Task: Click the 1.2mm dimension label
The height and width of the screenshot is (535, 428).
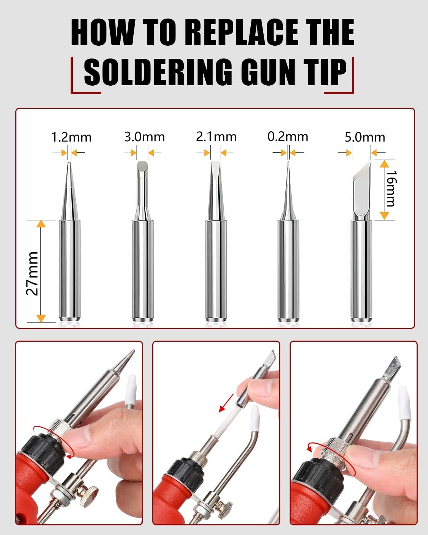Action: (x=71, y=137)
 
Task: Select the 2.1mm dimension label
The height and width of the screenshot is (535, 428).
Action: (x=216, y=137)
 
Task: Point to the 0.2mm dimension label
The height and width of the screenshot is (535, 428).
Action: (x=288, y=137)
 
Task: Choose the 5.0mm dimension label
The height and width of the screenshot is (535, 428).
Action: (x=365, y=137)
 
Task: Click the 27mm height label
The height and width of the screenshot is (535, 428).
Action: (x=32, y=274)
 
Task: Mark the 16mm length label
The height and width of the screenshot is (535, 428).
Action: (x=391, y=189)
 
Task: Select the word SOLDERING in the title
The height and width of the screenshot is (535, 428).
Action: (x=158, y=72)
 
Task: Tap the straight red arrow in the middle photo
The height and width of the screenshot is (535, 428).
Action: (x=226, y=403)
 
